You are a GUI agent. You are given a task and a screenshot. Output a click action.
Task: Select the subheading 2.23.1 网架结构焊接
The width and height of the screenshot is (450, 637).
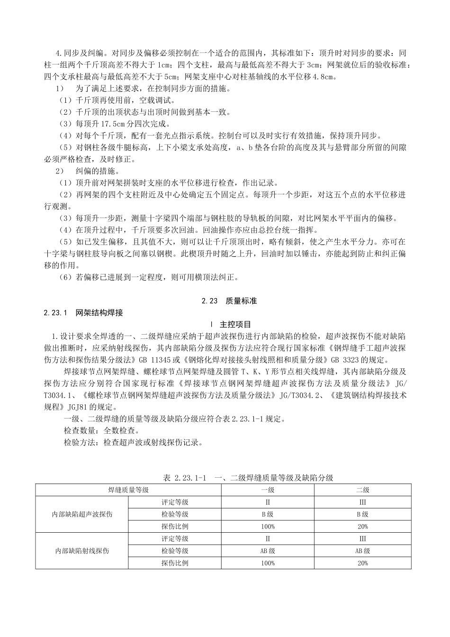click(x=83, y=313)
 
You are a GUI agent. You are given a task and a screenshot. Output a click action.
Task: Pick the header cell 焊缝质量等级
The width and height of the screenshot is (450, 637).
click(x=129, y=490)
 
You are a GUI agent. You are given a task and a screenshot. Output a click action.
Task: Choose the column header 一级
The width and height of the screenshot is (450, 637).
click(x=268, y=490)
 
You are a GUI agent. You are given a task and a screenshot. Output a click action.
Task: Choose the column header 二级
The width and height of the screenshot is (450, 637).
click(x=363, y=490)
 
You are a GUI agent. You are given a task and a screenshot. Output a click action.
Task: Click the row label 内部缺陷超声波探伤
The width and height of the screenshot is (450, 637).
click(x=82, y=514)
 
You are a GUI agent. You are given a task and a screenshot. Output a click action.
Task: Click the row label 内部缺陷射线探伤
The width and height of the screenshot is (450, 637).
click(x=82, y=551)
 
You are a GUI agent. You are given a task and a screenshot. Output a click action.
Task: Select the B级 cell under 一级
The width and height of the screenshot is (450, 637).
click(x=268, y=514)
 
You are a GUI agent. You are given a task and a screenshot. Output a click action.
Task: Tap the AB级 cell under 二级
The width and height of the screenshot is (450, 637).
click(x=363, y=551)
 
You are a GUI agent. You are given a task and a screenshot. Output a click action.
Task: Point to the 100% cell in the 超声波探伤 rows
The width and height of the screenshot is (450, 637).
click(x=268, y=527)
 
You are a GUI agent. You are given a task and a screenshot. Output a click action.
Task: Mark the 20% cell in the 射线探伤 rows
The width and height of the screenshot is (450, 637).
click(x=363, y=563)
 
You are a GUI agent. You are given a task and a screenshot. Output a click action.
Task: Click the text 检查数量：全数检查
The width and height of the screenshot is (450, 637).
click(x=102, y=431)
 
